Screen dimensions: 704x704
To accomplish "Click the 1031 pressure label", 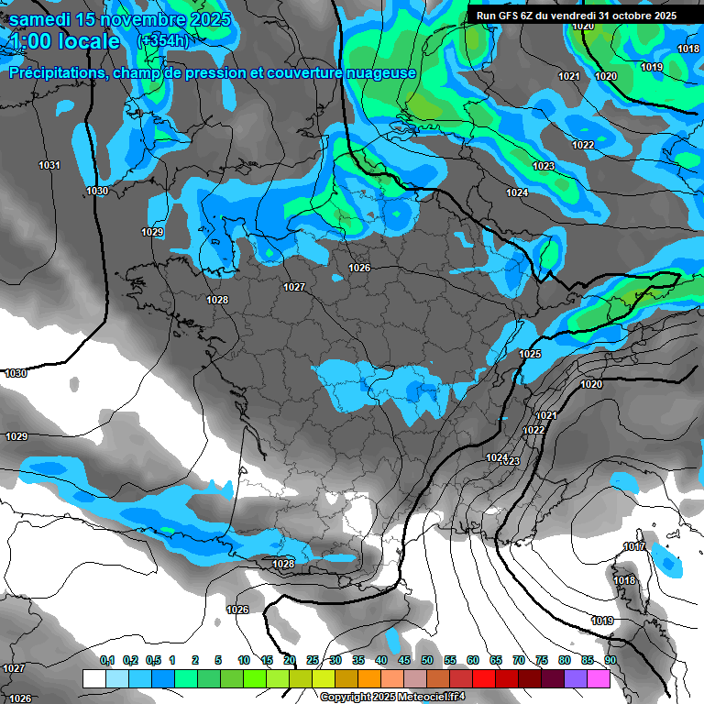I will [49, 165].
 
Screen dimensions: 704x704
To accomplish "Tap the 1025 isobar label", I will [530, 354].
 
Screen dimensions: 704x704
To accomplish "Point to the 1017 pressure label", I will [634, 547].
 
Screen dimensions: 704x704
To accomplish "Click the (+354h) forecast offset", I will [163, 40].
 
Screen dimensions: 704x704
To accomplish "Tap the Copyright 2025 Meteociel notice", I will [392, 697].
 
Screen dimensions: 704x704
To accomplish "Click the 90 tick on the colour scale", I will [610, 660].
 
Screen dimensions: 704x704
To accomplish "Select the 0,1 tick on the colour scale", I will [107, 660].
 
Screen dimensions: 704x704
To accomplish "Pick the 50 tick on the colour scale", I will [427, 660].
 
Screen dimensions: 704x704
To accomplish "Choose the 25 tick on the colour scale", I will [313, 660].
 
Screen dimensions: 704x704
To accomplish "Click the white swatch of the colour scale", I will [93, 678].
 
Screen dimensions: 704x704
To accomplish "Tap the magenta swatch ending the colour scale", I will [599, 678].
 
